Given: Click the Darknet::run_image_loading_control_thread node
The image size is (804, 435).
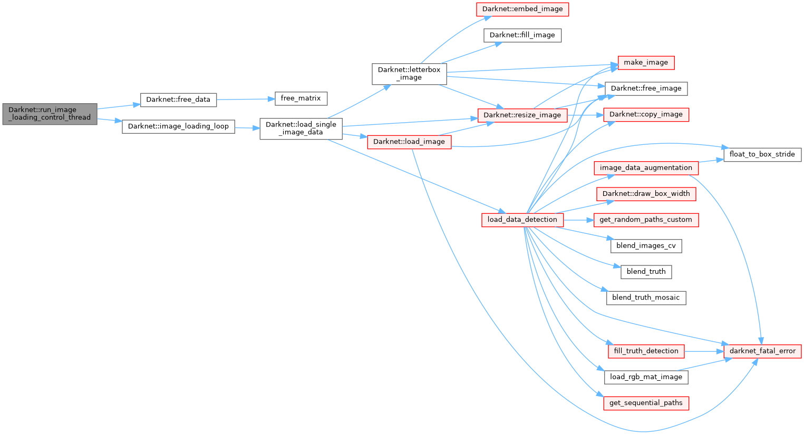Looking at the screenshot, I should click(50, 114).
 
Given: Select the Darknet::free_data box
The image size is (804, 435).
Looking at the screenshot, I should click(178, 100).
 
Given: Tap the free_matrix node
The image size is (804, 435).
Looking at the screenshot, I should click(301, 98).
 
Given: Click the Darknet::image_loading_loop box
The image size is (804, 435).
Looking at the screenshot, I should click(178, 126).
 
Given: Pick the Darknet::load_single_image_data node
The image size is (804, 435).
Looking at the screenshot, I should click(301, 128).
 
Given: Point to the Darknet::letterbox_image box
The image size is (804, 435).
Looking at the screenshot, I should click(409, 74).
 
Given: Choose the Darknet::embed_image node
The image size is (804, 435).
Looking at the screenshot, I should click(522, 9).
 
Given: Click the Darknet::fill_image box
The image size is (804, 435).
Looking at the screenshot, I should click(522, 35).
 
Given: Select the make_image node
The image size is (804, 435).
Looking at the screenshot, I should click(646, 63).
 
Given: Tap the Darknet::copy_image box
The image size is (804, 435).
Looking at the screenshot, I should click(646, 115).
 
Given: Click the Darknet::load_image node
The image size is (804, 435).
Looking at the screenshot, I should click(409, 142).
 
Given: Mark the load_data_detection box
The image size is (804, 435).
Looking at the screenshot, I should click(522, 220).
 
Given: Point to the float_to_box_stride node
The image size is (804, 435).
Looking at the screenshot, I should click(762, 154).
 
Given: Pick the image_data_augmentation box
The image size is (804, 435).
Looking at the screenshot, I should click(646, 168).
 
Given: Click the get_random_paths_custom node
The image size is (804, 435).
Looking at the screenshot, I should click(646, 220).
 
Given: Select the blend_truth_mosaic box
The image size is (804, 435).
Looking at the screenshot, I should click(646, 298).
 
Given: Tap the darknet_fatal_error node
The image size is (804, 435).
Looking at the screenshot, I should click(762, 351).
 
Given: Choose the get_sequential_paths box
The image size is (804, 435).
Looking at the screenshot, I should click(646, 403).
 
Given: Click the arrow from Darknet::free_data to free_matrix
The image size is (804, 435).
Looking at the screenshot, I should click(246, 99).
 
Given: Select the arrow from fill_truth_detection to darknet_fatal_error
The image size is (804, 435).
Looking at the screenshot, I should click(704, 351).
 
